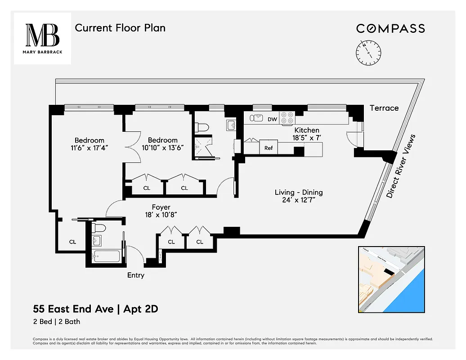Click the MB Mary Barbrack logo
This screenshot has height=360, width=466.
[x=42, y=38]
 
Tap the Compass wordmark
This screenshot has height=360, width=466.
[x=390, y=28]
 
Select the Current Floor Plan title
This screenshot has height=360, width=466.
[x=120, y=28]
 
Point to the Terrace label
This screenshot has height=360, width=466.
[x=384, y=108]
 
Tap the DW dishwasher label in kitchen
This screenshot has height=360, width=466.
[x=272, y=119]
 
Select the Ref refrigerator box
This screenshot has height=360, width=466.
[x=269, y=148]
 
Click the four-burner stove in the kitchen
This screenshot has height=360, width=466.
[x=287, y=118]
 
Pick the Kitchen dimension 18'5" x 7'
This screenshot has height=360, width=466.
[x=307, y=138]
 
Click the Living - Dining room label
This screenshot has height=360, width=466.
[x=299, y=193]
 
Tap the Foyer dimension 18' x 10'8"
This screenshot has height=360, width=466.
[x=161, y=215]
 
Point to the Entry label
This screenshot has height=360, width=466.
[x=135, y=275]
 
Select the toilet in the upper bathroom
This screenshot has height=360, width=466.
[x=203, y=127]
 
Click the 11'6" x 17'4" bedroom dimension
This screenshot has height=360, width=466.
[x=89, y=148]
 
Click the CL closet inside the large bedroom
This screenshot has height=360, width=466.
[x=72, y=242]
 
